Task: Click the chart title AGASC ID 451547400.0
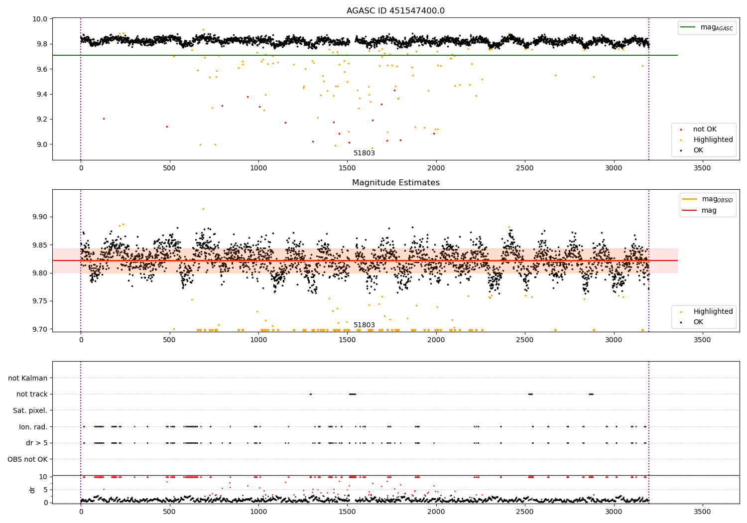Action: click(395, 11)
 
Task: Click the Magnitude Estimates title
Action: click(395, 183)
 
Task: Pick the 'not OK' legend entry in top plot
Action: click(705, 130)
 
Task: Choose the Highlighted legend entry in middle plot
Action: click(713, 312)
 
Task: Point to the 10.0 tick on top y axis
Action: click(40, 19)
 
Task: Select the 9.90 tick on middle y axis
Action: click(40, 217)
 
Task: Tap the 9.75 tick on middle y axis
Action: click(40, 301)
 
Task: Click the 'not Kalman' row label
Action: click(28, 378)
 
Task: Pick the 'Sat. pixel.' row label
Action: click(30, 410)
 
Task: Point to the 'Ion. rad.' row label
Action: click(33, 427)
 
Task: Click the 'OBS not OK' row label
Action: click(28, 459)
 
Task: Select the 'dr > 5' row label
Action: click(37, 443)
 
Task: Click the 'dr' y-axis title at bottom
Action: click(32, 490)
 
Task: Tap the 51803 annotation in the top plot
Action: click(364, 153)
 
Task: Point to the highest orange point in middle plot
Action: click(203, 209)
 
